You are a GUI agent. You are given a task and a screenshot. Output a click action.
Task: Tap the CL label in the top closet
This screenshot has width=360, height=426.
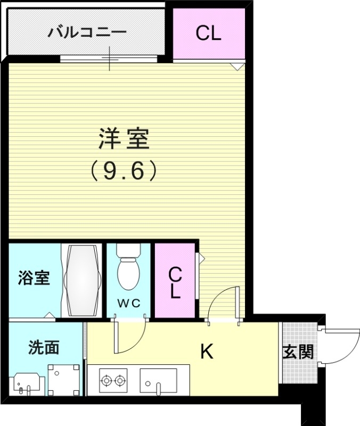coord(208,34)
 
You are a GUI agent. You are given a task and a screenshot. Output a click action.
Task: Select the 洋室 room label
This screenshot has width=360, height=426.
coord(124,140)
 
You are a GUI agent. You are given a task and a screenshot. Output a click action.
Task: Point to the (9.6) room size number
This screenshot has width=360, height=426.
coord(124,170)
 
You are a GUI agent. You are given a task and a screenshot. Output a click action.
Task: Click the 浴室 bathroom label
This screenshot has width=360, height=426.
coord(34,277)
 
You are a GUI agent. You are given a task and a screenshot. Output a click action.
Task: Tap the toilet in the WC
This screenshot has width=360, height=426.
coord(128,269)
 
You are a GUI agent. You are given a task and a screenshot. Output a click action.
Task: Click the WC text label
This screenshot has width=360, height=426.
coord(128,303)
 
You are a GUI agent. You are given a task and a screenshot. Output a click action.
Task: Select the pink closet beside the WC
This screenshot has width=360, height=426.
coord(175,281)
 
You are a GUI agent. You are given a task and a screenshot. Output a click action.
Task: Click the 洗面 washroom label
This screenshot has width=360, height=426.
coord(44,348)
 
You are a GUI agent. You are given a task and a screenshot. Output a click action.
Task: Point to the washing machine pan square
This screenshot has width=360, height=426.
coord(64,380)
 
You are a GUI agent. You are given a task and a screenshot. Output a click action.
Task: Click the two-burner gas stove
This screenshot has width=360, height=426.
coord(113,380)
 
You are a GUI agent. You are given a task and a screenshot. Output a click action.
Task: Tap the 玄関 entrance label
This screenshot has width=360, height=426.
coord(298,353)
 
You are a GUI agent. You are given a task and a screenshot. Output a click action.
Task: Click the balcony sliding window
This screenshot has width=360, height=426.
coord(110,58)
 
